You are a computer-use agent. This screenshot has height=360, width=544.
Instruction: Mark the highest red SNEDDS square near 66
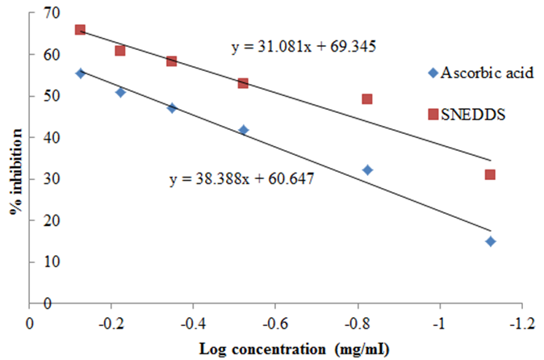(x=80, y=30)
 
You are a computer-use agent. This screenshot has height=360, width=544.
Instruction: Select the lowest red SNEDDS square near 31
(x=490, y=174)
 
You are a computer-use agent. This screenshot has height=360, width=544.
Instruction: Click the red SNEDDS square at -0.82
(x=366, y=99)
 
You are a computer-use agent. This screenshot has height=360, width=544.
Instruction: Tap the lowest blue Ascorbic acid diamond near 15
(x=490, y=241)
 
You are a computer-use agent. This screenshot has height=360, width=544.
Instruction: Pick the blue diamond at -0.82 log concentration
(x=367, y=170)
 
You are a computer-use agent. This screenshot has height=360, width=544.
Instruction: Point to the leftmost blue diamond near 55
(x=80, y=73)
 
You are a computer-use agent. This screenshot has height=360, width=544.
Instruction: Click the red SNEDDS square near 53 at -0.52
(x=243, y=83)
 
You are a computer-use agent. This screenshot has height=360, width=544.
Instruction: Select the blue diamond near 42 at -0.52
(x=244, y=130)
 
